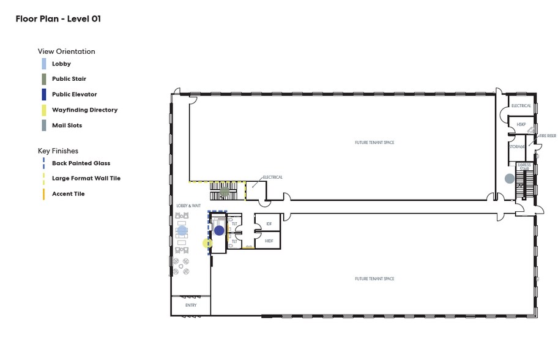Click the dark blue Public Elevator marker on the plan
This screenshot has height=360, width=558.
pos(219,231)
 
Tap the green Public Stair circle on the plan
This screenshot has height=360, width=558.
pos(225,192)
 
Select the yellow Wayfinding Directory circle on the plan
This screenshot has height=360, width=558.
pos(207,243)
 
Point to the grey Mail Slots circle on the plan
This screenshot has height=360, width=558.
pos(509,179)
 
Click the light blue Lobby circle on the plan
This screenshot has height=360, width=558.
pos(182,231)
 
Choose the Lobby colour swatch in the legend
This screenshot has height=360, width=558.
pos(43,64)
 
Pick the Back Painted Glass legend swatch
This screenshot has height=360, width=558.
pos(43,163)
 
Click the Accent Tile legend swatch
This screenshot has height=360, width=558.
pos(43,194)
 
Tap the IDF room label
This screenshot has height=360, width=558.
pos(269,224)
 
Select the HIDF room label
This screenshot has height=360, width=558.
pos(269,241)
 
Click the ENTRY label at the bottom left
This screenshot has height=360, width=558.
pos(191,305)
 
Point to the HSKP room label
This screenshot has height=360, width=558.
pos(521,124)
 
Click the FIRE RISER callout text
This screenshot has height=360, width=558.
pos(547,136)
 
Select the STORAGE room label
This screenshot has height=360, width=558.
pos(518,147)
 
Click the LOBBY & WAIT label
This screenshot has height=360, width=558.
pos(188,206)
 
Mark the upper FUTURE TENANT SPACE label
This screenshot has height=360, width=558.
pos(374,143)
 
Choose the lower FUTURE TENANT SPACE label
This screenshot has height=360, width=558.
pos(374,279)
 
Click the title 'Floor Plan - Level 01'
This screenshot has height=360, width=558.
pos(58,19)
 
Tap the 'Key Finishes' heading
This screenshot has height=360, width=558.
pos(58,151)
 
